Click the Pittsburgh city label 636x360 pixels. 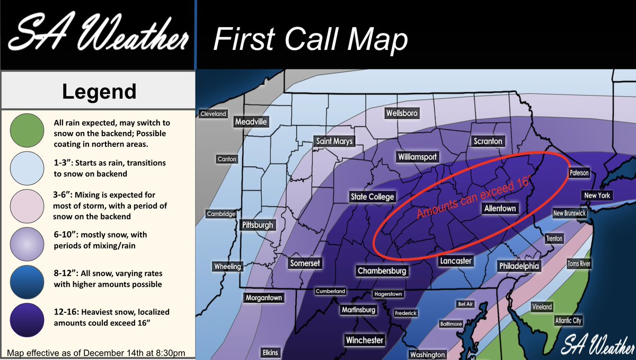tap(258, 225)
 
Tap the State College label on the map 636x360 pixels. tap(373, 197)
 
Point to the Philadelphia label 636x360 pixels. tap(519, 266)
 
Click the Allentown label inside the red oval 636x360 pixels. tap(500, 208)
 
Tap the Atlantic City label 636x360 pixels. tap(568, 320)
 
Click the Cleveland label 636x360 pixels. tap(213, 114)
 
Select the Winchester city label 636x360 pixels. tap(364, 340)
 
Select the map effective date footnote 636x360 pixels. tap(96, 353)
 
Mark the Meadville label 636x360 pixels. tap(252, 122)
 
